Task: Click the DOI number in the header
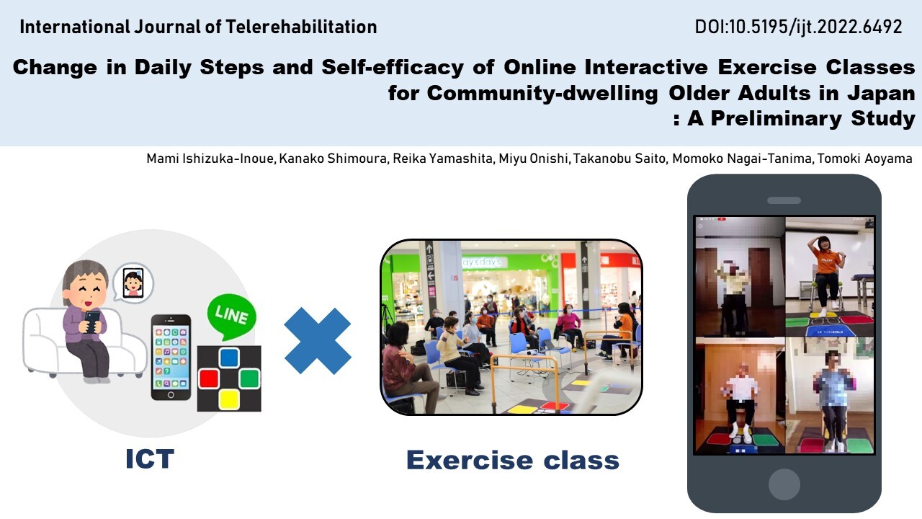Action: (x=798, y=27)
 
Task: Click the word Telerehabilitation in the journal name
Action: (x=301, y=27)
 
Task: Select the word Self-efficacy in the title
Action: (x=393, y=67)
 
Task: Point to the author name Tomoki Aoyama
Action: (x=864, y=159)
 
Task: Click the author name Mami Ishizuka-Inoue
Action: (x=210, y=159)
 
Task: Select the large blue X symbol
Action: (x=318, y=341)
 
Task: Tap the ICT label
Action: (x=150, y=459)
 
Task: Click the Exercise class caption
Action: (x=512, y=460)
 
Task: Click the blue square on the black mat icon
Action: (x=229, y=358)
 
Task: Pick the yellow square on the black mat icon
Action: (x=229, y=399)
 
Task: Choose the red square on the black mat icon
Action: (x=209, y=379)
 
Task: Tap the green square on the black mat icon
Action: (x=249, y=379)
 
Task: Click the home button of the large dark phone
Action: (x=784, y=484)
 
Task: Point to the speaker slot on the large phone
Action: (x=784, y=200)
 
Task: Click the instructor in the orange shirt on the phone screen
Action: (x=825, y=274)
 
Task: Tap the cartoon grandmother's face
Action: (x=85, y=285)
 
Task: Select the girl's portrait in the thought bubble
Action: (x=133, y=283)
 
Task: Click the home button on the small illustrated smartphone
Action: (x=171, y=394)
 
